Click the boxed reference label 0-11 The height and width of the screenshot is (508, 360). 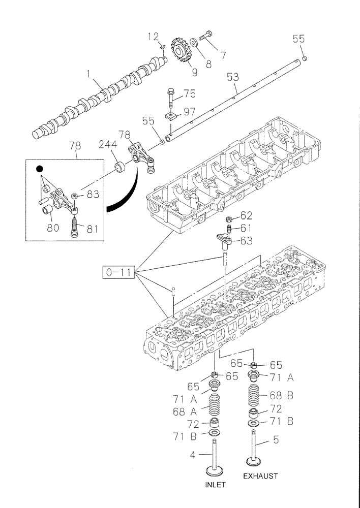click(x=118, y=273)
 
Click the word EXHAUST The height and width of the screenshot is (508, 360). click(x=260, y=476)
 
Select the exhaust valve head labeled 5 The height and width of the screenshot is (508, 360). click(x=254, y=460)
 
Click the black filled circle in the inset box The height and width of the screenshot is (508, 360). click(x=39, y=169)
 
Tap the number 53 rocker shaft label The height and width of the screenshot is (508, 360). click(x=233, y=77)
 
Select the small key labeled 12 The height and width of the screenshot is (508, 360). click(x=161, y=46)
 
